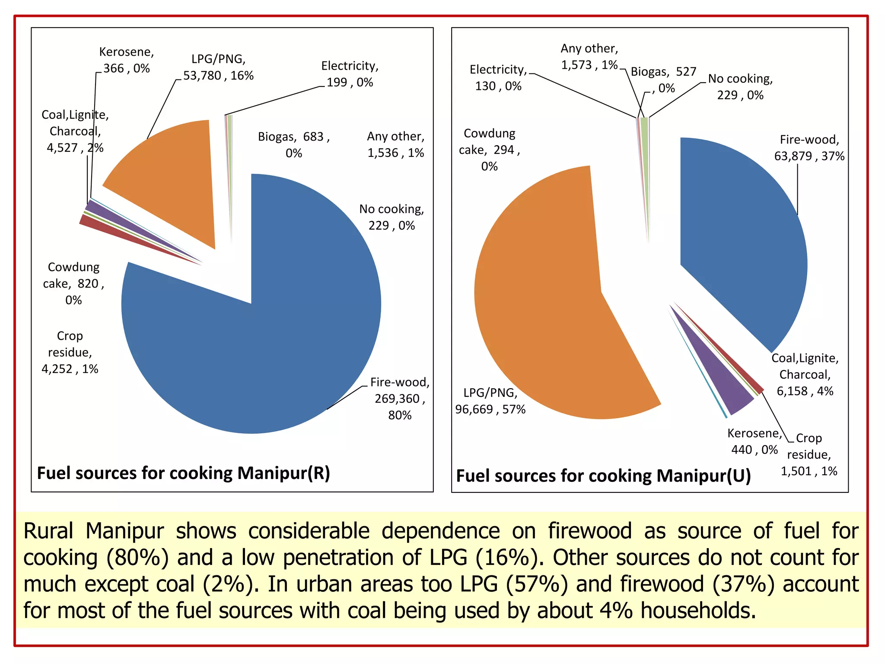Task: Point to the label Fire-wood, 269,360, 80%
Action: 399,399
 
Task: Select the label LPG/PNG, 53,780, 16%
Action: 218,67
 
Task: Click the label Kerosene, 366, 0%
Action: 126,60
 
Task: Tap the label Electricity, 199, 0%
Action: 350,74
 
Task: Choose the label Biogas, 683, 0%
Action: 294,145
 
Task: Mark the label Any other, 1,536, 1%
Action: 395,144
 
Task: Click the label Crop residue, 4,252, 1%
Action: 70,352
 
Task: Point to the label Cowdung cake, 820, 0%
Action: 73,284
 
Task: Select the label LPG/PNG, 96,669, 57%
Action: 490,401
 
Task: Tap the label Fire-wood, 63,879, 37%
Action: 809,148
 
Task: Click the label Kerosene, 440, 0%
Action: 754,441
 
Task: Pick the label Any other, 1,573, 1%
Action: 589,57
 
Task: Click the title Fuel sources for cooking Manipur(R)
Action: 184,473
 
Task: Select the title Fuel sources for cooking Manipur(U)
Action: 603,476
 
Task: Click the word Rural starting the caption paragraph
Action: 48,531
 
